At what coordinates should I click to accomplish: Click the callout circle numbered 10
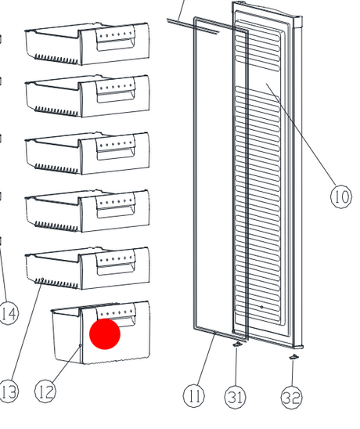pos(341,196)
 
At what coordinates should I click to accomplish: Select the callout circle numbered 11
pos(194,395)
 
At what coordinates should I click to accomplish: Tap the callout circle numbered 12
pos(45,391)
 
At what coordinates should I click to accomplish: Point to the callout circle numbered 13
pos(8,391)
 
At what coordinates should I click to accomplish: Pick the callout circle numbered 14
pos(8,314)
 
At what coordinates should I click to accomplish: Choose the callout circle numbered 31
pos(236,397)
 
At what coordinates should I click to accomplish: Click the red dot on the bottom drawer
pos(105,333)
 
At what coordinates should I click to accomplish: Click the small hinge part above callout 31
pos(237,344)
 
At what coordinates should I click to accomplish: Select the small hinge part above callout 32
pos(293,357)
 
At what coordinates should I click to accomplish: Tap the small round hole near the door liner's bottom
pos(262,307)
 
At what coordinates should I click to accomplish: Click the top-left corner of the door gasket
pos(195,19)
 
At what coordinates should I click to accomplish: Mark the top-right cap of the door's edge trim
pos(297,21)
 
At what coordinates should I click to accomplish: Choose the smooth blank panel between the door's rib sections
pos(258,79)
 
